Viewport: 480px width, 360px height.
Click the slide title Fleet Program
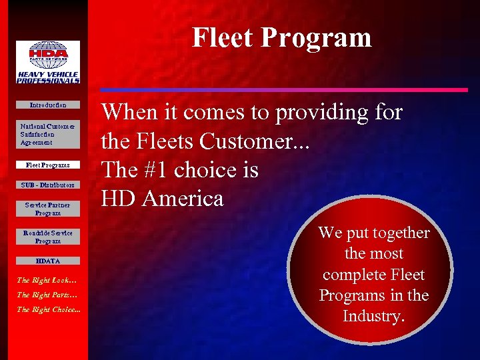[282, 37]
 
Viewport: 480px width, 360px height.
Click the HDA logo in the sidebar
[48, 62]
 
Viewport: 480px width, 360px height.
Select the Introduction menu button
[48, 105]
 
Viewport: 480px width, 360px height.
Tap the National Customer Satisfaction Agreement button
[48, 134]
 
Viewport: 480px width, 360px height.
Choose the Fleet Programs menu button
[48, 165]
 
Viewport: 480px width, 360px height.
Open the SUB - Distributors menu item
[48, 185]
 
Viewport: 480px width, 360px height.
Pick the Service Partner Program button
[48, 209]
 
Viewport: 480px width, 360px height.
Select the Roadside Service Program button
[48, 237]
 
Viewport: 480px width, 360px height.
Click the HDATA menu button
[48, 261]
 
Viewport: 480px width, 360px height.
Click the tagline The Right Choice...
[48, 309]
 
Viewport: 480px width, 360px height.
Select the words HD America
[162, 199]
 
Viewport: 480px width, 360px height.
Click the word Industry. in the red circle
[373, 316]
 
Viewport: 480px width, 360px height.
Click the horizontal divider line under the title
[283, 89]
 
